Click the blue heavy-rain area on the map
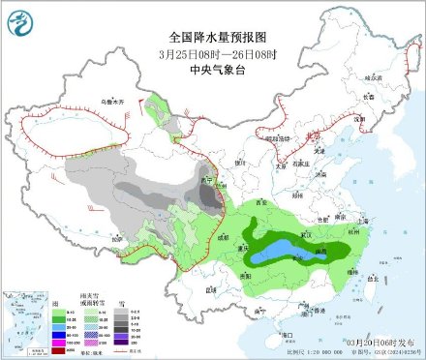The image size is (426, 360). tap(290, 251)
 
